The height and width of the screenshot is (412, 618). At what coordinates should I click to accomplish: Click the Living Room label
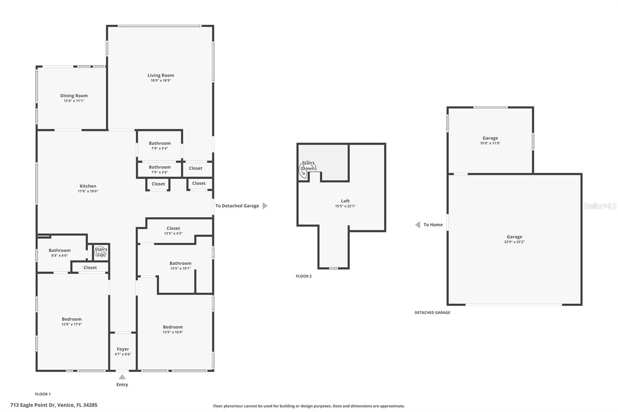(161, 75)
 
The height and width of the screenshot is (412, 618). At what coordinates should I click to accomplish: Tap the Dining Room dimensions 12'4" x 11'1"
(74, 101)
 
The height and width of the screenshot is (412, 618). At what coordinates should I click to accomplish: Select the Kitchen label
(88, 186)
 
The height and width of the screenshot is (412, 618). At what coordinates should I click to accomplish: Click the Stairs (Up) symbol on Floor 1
(101, 252)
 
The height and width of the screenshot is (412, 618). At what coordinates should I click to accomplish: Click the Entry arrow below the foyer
(122, 377)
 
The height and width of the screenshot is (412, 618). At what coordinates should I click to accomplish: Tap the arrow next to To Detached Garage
(265, 206)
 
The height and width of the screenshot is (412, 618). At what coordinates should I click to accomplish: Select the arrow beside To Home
(418, 225)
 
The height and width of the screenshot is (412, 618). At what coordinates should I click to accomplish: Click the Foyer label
(123, 349)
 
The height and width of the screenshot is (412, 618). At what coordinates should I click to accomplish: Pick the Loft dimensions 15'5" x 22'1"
(345, 206)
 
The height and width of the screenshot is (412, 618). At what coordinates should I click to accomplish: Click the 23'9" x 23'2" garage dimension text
(514, 242)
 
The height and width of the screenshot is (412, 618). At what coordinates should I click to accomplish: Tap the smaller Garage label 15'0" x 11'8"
(490, 138)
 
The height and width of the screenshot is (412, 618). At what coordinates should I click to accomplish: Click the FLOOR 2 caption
(304, 276)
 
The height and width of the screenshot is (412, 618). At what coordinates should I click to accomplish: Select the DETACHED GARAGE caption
(432, 312)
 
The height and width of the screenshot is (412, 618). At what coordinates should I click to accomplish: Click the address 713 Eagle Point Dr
(54, 405)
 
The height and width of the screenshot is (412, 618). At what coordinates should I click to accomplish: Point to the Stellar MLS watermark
(600, 206)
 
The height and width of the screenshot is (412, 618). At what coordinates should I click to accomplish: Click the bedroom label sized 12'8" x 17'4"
(72, 319)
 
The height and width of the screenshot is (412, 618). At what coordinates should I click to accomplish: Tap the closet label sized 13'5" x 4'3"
(173, 228)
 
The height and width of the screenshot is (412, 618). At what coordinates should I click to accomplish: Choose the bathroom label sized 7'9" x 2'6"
(160, 167)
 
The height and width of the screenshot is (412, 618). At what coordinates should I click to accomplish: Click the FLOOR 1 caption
(43, 394)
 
